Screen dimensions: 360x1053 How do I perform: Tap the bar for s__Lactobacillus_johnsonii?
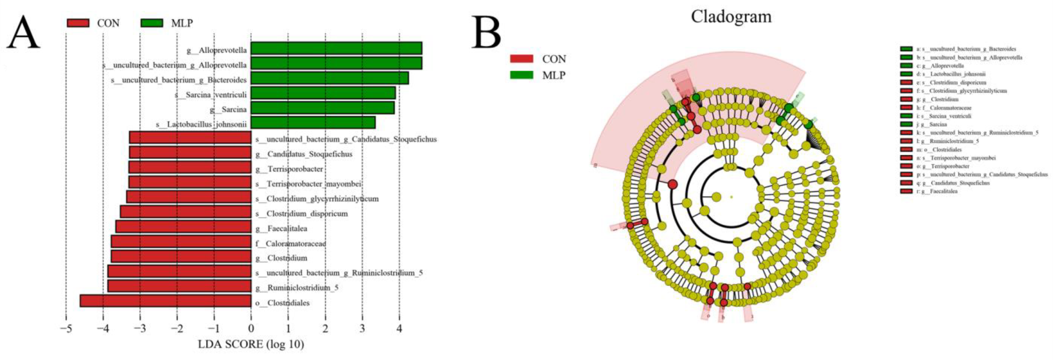pyautogui.click(x=313, y=122)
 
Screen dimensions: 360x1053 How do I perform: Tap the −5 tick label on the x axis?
pyautogui.click(x=66, y=328)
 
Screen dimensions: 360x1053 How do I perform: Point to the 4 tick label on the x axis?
pyautogui.click(x=399, y=328)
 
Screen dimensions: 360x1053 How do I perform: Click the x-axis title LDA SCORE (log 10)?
pyautogui.click(x=251, y=344)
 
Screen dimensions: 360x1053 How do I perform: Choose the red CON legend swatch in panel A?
pyautogui.click(x=78, y=23)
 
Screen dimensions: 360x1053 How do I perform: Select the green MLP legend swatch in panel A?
pyautogui.click(x=151, y=23)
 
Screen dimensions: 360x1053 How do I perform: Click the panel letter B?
pyautogui.click(x=486, y=33)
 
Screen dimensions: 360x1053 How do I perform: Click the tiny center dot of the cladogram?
pyautogui.click(x=731, y=197)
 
